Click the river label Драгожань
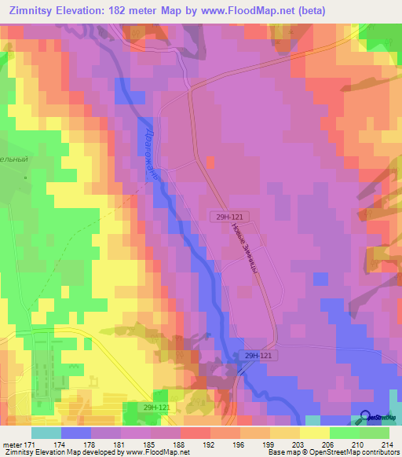click(x=153, y=153)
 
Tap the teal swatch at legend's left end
click(x=46, y=432)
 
